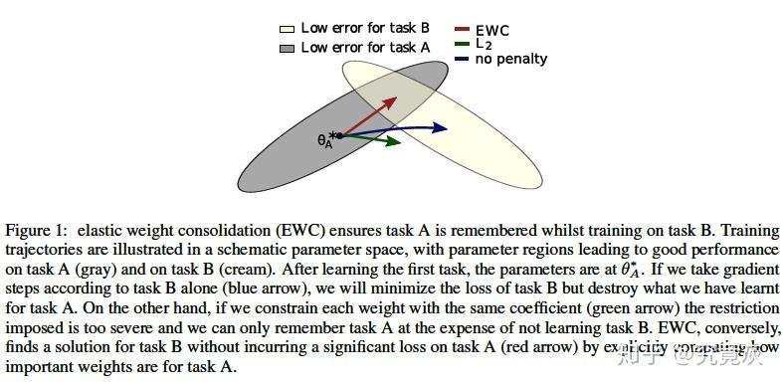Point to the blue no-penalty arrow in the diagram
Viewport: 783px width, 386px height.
(393, 128)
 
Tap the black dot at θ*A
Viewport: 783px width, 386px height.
(339, 134)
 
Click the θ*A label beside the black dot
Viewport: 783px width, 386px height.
(324, 141)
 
